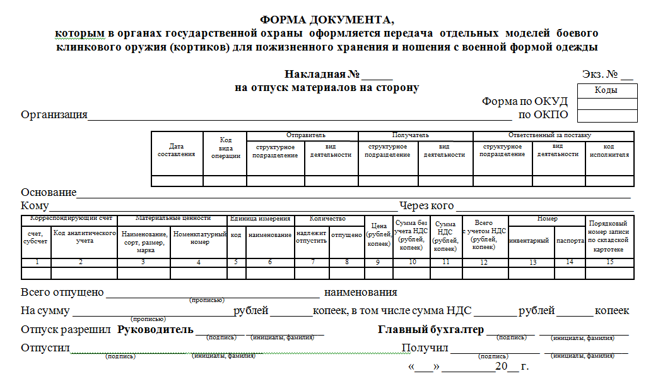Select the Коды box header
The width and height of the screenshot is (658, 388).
(x=606, y=90)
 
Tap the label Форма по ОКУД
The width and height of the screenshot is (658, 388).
(x=525, y=102)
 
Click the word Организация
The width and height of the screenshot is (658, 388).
(x=54, y=114)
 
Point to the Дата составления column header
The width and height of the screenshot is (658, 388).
(x=176, y=150)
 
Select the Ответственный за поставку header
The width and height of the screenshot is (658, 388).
(x=549, y=135)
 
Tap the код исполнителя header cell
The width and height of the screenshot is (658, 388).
(x=609, y=150)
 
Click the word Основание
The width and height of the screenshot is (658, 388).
(x=49, y=192)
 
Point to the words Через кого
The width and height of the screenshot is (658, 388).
(x=426, y=206)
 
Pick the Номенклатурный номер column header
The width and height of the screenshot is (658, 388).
(x=199, y=238)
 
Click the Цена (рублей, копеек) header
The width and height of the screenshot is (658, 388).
(x=379, y=234)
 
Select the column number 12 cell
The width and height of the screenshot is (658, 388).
(x=484, y=262)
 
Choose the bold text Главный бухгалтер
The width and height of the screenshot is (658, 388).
(x=431, y=329)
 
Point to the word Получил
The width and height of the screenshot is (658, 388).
(x=425, y=348)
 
